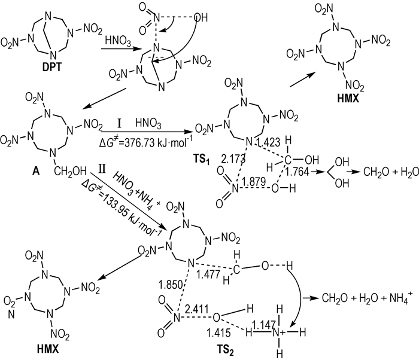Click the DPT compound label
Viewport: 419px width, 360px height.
click(51, 67)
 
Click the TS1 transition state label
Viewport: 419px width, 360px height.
click(202, 160)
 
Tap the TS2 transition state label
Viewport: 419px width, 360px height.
click(225, 350)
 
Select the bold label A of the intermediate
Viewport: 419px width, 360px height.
click(35, 171)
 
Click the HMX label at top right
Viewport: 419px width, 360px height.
click(348, 99)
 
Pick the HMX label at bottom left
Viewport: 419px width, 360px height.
click(47, 349)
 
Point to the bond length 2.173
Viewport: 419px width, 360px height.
click(233, 158)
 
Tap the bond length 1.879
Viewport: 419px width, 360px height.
click(254, 182)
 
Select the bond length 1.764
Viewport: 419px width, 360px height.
click(297, 172)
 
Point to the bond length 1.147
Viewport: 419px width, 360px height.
click(263, 325)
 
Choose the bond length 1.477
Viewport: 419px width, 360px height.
click(208, 274)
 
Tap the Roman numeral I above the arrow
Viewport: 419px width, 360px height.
click(120, 124)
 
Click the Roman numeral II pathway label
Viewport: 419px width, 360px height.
click(102, 169)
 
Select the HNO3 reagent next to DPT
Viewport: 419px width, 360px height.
click(118, 41)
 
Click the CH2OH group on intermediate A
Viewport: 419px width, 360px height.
click(70, 171)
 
